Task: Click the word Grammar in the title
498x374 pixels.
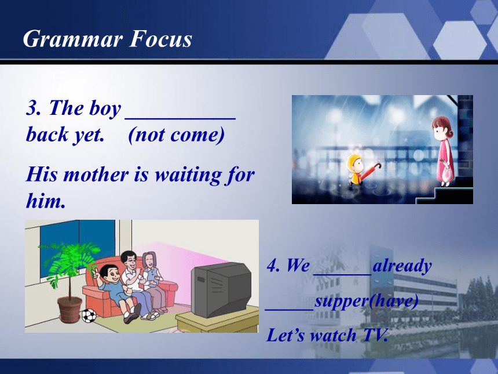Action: point(73,39)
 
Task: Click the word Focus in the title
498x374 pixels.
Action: point(161,39)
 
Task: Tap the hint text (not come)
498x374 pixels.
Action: point(176,135)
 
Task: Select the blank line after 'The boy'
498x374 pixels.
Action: point(181,118)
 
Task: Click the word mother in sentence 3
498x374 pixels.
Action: point(96,175)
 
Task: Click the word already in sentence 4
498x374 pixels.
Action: point(402,266)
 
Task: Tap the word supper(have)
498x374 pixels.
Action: point(366,301)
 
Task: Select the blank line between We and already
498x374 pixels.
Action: point(342,273)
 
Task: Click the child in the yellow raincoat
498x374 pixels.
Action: point(355,169)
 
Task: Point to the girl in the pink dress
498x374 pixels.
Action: point(444,151)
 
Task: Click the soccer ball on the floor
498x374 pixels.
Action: point(89,315)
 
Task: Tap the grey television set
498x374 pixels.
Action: point(221,289)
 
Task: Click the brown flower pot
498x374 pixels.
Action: point(69,309)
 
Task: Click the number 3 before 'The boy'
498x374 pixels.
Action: point(32,107)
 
